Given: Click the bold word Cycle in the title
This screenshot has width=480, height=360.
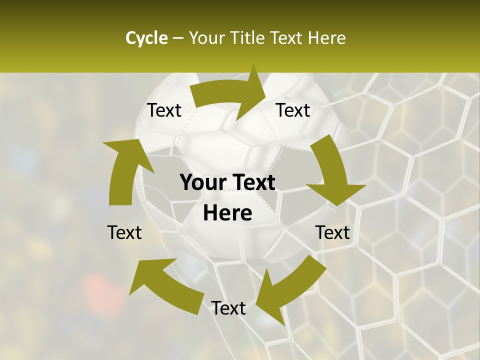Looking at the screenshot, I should (x=146, y=38).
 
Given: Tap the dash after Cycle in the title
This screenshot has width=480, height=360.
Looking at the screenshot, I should (x=177, y=38).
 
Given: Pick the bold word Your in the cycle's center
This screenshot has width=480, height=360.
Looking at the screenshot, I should (x=201, y=183).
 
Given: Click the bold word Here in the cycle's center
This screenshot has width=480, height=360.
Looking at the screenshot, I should (x=227, y=213).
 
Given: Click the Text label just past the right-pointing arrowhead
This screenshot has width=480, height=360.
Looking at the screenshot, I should (x=293, y=110).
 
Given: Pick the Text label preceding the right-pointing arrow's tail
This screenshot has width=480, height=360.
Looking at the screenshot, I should (x=164, y=110).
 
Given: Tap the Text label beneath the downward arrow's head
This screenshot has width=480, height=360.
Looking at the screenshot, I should (x=332, y=232).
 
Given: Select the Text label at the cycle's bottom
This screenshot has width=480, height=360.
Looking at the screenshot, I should (x=228, y=308).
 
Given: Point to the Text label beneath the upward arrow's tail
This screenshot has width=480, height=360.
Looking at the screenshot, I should (x=124, y=232).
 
